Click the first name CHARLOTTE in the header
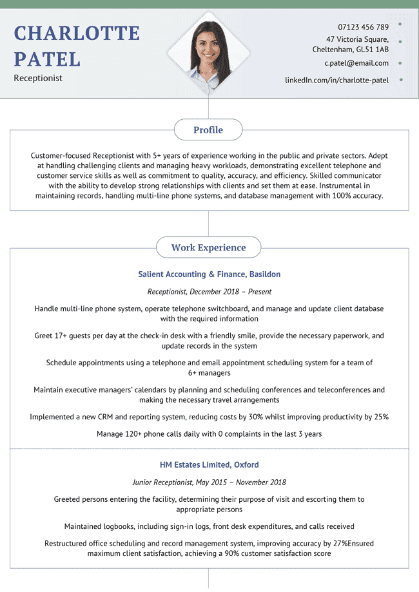77,33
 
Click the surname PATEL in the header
48,59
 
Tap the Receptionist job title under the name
38,78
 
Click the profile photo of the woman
208,53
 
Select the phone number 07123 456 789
363,27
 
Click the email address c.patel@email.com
356,63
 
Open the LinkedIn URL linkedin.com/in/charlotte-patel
336,81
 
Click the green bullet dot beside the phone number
401,24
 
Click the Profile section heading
208,130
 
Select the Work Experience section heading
208,247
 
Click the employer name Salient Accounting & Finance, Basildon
209,274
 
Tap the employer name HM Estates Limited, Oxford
209,464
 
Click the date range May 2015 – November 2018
242,482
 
